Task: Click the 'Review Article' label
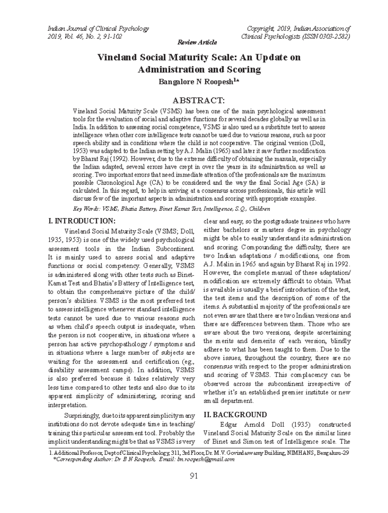coord(197,43)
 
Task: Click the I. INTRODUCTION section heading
coord(81,221)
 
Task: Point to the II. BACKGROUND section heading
coord(235,415)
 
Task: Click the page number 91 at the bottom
coord(194,476)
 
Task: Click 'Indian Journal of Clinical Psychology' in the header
coord(98,28)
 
